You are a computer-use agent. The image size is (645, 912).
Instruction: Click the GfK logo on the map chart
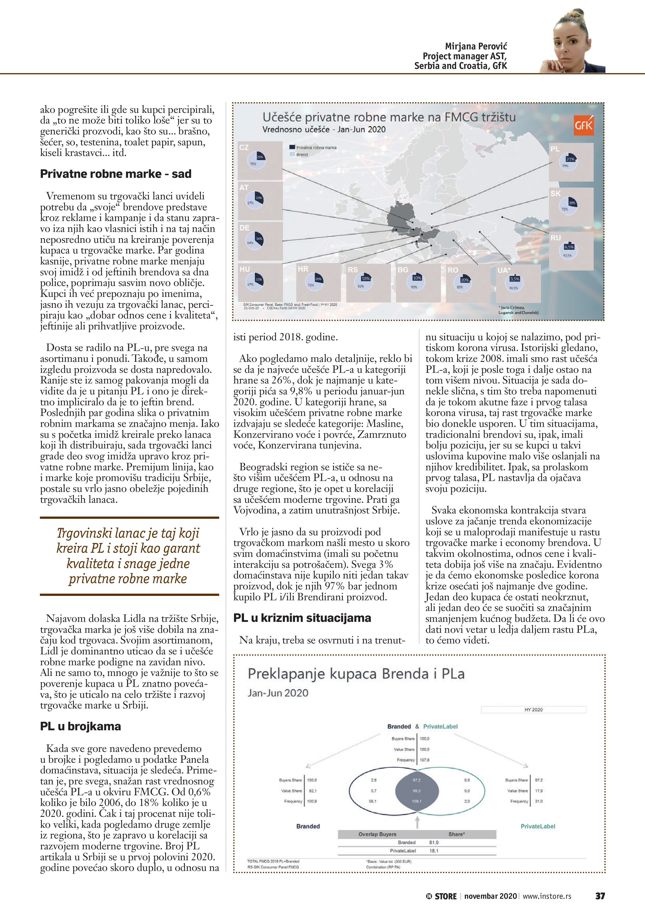[583, 126]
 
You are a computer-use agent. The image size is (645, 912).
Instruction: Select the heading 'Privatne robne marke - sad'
[116, 174]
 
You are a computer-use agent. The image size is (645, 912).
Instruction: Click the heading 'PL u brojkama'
[81, 726]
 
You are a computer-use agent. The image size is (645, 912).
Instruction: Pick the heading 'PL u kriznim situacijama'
[302, 618]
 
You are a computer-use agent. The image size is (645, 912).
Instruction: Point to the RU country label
[555, 238]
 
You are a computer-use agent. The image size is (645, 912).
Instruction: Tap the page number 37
[600, 896]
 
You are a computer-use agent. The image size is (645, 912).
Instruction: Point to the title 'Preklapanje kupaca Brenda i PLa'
[356, 674]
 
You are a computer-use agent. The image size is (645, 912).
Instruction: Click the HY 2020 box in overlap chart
[533, 709]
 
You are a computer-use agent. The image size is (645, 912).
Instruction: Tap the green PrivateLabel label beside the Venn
[538, 826]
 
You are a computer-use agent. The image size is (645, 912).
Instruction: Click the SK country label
[556, 193]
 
